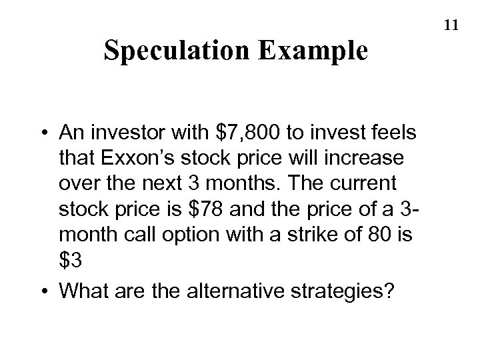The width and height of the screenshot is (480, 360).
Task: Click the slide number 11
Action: (451, 25)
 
